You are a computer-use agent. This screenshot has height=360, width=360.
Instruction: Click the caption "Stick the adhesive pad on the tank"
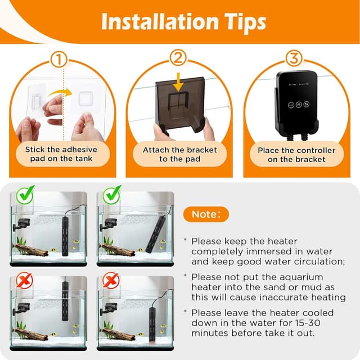(60, 155)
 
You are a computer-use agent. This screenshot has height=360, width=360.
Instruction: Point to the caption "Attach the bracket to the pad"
(179, 155)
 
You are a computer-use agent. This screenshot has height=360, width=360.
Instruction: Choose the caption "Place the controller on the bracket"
(296, 155)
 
